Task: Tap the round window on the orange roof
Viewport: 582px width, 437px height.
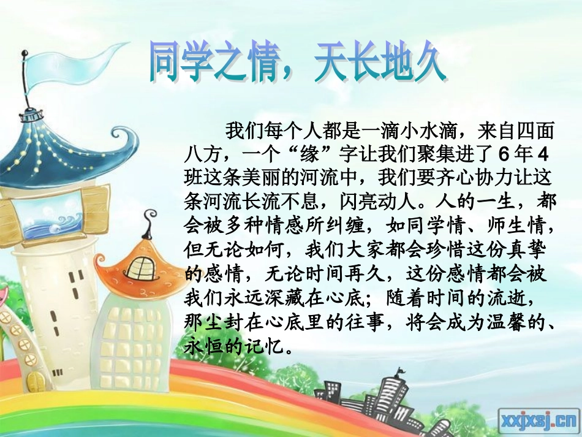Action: [142, 268]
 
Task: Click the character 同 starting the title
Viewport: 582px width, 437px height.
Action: [166, 63]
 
